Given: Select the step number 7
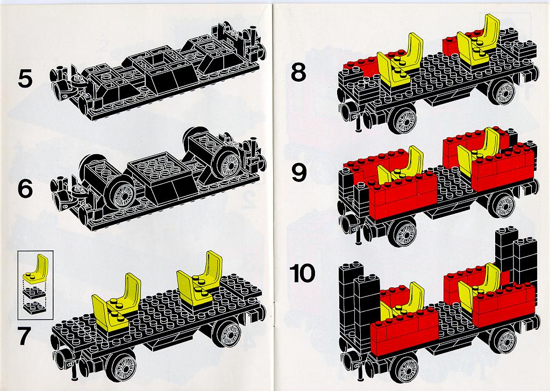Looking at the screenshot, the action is coord(24,336).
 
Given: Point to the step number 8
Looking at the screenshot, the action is coord(298,73).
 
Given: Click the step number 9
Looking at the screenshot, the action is coord(299,173).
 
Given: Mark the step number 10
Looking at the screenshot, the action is coord(302,273).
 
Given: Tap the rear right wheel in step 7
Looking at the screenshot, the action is coord(226,334).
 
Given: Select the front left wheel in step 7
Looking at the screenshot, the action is coord(122,365).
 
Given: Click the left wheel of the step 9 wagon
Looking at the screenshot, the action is coord(402,233).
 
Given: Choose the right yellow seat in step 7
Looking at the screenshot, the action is coord(199,278).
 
